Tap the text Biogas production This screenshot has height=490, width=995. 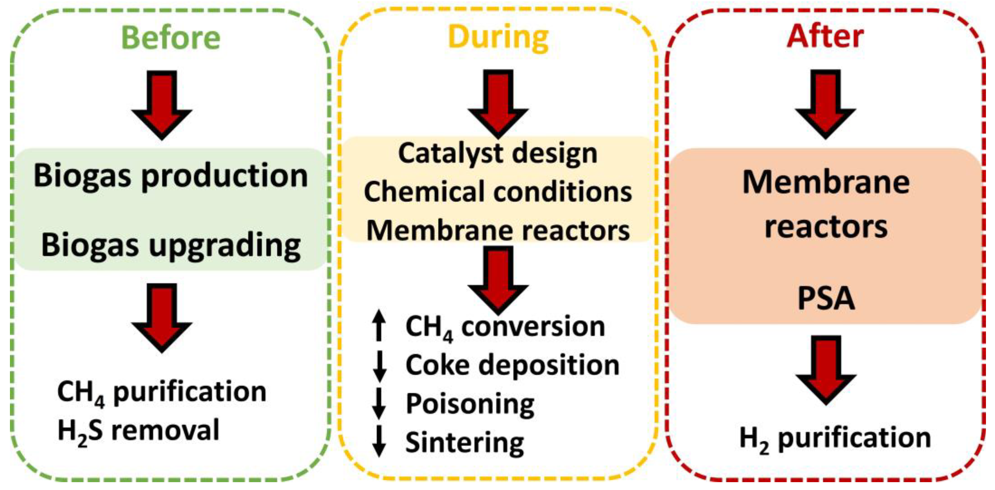coord(170,176)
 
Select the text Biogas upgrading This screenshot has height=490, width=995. coord(170,245)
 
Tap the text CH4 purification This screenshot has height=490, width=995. coord(161,392)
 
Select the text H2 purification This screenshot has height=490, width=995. coord(835,438)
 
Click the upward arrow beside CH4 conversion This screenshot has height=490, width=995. coord(379,326)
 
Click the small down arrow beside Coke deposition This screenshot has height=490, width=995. coord(379,366)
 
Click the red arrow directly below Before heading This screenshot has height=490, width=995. coord(162,104)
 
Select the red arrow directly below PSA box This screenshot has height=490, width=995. coord(826,369)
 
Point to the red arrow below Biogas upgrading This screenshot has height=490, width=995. coord(162,317)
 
